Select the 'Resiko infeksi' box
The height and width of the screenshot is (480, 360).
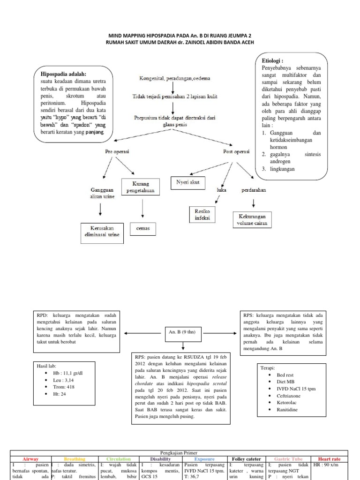click(202, 215)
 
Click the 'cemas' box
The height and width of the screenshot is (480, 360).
click(142, 229)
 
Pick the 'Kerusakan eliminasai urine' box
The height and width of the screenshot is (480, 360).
click(101, 233)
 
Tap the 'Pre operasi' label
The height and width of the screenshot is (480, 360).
click(117, 152)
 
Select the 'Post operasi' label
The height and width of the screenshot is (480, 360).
click(235, 152)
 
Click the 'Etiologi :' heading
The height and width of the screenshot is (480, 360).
click(272, 60)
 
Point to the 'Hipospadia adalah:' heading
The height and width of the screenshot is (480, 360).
click(64, 74)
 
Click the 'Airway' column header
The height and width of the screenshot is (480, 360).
click(30, 459)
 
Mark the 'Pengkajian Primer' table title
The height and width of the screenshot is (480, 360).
click(180, 453)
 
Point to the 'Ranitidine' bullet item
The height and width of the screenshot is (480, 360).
click(287, 409)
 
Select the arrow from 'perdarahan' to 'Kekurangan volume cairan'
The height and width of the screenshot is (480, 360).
click(254, 203)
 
